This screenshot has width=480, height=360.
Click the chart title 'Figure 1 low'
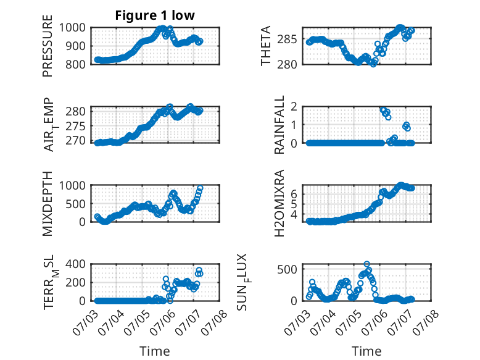[155, 15]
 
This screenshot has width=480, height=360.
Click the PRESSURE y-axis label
[48, 46]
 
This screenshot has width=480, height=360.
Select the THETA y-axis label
[266, 46]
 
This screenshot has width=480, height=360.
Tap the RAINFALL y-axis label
[279, 125]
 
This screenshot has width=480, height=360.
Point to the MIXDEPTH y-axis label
[48, 204]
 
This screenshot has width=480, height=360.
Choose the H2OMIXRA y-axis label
[279, 203]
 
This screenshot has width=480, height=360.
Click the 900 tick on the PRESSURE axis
[75, 46]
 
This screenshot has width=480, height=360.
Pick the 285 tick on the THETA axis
[287, 40]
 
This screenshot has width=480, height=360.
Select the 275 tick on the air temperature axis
[75, 126]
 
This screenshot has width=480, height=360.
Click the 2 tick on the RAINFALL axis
[294, 107]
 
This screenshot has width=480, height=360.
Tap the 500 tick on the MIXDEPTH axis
[75, 204]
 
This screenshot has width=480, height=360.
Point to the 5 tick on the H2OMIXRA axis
[294, 204]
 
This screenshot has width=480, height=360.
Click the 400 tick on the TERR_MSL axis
[75, 264]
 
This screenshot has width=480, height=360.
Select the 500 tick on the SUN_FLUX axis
[287, 269]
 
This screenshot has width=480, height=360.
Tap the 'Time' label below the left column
[155, 351]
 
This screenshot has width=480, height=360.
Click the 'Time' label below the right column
[366, 351]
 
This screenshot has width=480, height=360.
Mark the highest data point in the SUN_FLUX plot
[366, 264]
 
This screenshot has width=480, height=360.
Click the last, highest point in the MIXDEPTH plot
[200, 188]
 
